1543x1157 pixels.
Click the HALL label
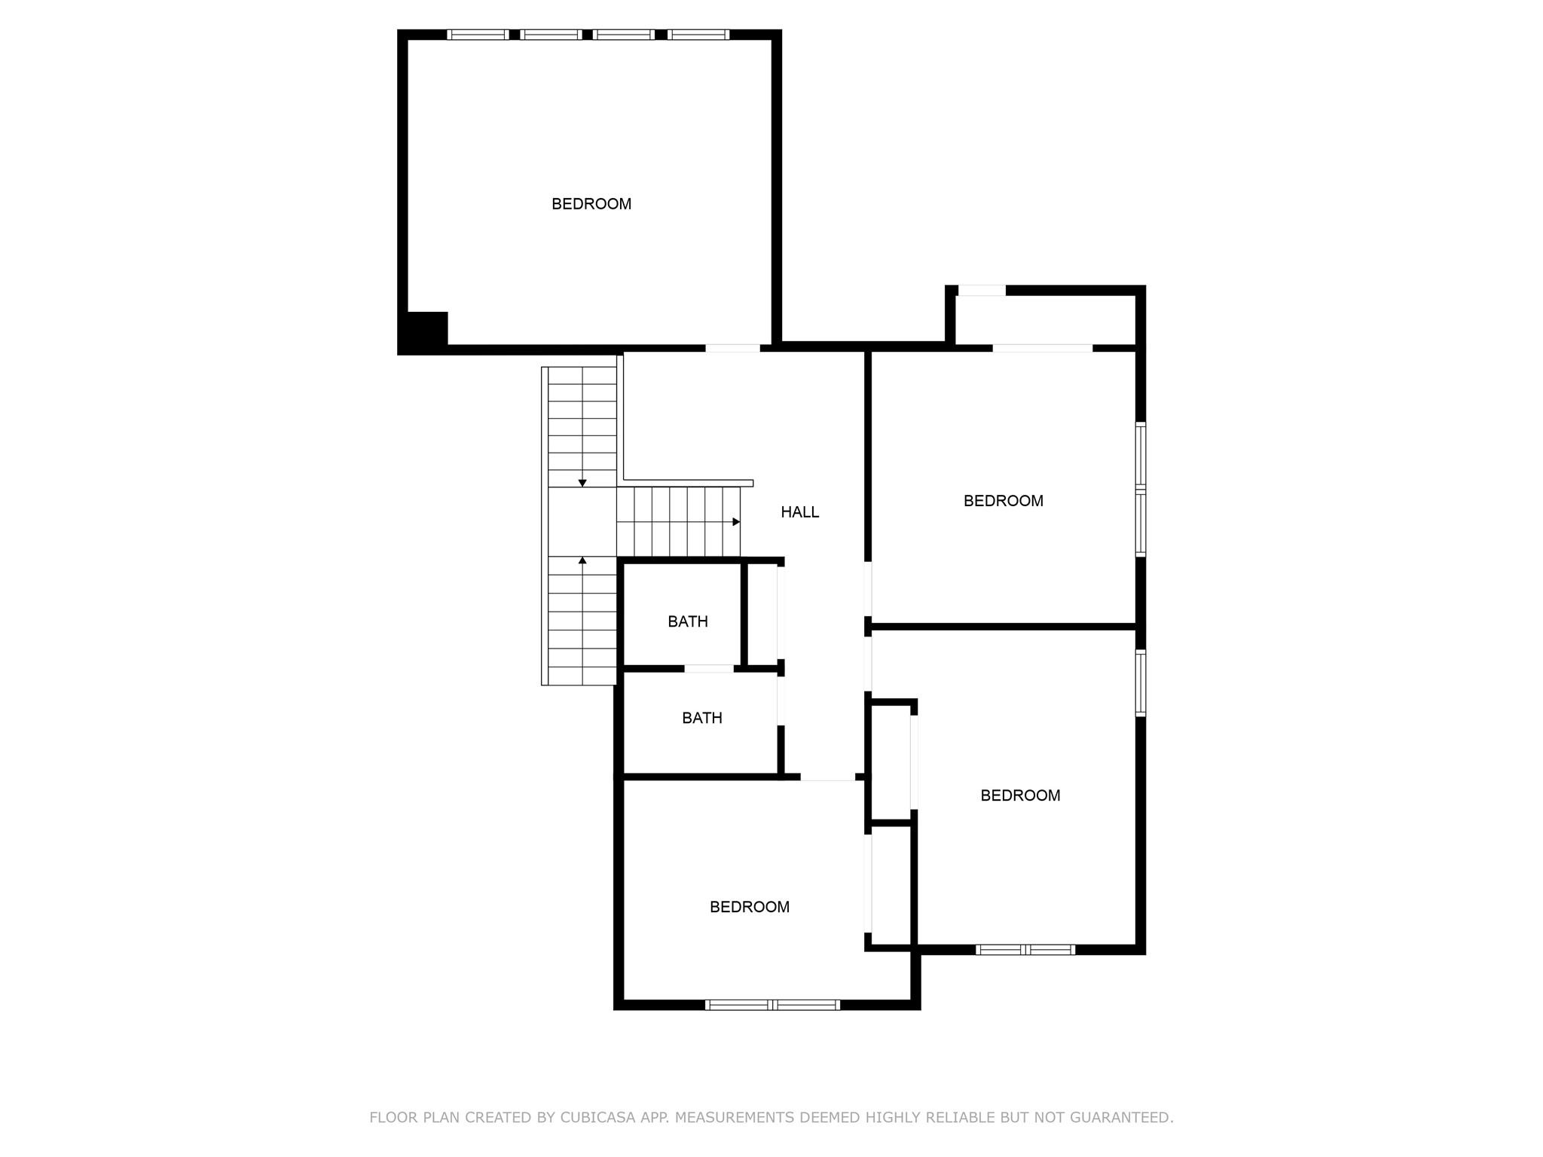tap(799, 512)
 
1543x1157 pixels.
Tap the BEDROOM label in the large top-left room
tap(591, 204)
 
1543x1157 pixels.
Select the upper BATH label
tap(687, 621)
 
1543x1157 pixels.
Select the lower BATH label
tap(701, 718)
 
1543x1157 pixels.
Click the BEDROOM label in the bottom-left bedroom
tap(749, 907)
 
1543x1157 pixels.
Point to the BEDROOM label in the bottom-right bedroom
tap(1020, 795)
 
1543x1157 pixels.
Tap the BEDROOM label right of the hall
tap(1003, 501)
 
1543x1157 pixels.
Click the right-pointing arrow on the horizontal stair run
tap(736, 522)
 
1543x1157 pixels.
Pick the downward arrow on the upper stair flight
tap(582, 483)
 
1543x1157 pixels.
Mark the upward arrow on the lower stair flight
tap(582, 560)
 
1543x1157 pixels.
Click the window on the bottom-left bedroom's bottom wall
tap(772, 1004)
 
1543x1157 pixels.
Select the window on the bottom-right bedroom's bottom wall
tap(1025, 950)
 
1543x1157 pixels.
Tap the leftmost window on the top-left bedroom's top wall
tap(477, 35)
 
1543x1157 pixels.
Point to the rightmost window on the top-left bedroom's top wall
tap(698, 35)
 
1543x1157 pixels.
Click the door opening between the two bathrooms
tap(708, 668)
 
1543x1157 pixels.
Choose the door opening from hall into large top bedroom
tap(732, 348)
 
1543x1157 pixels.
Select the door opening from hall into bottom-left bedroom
tap(827, 777)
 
